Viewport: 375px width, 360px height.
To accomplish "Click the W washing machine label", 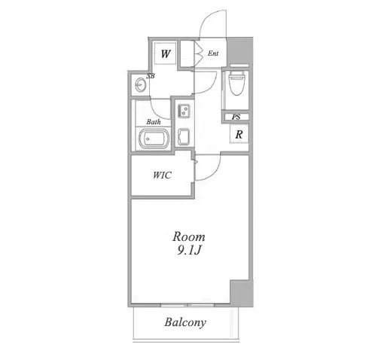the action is pyautogui.click(x=166, y=53).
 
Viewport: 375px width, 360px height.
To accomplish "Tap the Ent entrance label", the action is pyautogui.click(x=213, y=53).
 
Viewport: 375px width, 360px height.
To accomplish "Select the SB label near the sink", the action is pyautogui.click(x=151, y=75).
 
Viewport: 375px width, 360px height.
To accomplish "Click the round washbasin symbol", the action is pyautogui.click(x=140, y=85).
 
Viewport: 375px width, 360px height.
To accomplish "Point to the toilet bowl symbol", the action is pyautogui.click(x=236, y=83).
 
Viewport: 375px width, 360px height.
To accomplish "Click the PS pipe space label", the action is pyautogui.click(x=236, y=117).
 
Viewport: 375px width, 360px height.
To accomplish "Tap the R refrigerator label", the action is pyautogui.click(x=239, y=135).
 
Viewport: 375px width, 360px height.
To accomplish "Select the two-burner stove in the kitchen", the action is pyautogui.click(x=184, y=111).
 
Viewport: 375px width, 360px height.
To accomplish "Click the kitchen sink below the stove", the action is pyautogui.click(x=184, y=136).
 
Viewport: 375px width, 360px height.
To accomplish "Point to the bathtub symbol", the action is pyautogui.click(x=154, y=139).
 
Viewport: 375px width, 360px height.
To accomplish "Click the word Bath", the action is pyautogui.click(x=154, y=122).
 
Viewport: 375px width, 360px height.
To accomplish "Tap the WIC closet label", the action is pyautogui.click(x=162, y=175).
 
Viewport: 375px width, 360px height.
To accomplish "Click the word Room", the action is pyautogui.click(x=189, y=236).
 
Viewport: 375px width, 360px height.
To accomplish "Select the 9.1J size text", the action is pyautogui.click(x=189, y=250).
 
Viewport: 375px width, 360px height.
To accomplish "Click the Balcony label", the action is pyautogui.click(x=185, y=322).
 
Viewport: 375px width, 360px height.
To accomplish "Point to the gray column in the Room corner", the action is pyautogui.click(x=242, y=293).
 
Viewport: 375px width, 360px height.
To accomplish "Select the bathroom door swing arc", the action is pyautogui.click(x=155, y=112).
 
